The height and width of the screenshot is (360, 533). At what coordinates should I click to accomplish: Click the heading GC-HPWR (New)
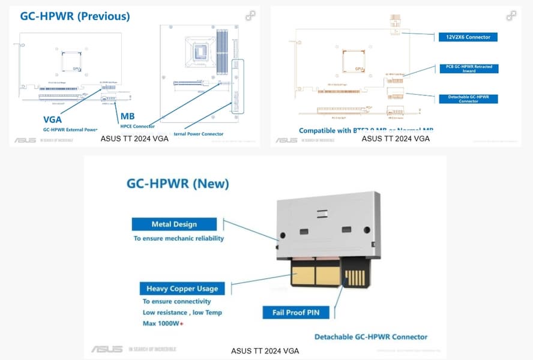click(x=178, y=183)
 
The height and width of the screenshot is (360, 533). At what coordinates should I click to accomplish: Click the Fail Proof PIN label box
click(x=297, y=312)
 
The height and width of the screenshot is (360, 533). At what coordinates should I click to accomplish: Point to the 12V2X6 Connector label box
click(x=468, y=37)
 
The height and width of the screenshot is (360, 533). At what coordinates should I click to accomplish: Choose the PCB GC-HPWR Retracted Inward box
click(x=468, y=69)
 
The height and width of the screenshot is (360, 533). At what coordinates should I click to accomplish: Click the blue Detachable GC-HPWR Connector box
click(x=468, y=98)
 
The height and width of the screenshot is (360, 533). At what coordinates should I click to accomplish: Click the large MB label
click(x=127, y=116)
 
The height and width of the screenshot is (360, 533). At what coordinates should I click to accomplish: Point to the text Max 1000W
click(x=162, y=324)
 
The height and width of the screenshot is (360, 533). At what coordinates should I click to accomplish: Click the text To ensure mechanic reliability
click(x=178, y=238)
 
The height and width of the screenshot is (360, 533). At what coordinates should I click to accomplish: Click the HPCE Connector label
click(x=137, y=126)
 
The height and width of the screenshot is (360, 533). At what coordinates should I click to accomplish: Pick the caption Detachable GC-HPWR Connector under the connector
click(x=371, y=337)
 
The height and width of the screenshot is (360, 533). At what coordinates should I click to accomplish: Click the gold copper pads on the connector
click(x=316, y=275)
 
